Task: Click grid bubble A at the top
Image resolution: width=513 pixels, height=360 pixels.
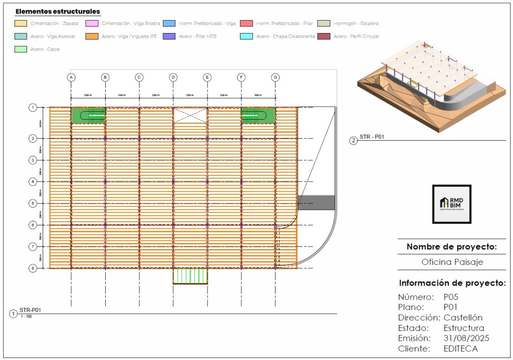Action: tap(71, 77)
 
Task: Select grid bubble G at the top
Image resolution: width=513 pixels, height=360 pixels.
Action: tap(275, 77)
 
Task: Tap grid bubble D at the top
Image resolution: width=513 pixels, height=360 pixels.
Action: tap(173, 77)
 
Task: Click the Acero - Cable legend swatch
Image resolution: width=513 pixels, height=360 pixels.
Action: tap(22, 49)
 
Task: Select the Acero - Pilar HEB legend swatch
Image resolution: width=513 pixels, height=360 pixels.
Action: tap(169, 37)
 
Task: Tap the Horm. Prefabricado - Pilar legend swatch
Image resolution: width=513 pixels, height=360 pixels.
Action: tap(246, 24)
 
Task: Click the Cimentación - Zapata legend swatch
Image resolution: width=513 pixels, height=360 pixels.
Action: tap(22, 24)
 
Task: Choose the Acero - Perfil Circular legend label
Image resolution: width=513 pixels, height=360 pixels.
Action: tap(356, 37)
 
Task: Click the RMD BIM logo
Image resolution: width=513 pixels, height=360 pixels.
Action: tap(451, 204)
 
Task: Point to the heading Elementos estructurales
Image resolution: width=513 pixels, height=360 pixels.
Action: tap(58, 12)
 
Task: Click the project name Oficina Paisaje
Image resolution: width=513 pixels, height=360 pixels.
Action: tap(451, 262)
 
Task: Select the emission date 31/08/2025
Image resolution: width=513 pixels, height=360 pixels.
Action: tap(466, 338)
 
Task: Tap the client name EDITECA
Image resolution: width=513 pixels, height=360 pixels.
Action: tap(460, 348)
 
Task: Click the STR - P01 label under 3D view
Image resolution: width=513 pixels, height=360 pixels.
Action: tap(372, 137)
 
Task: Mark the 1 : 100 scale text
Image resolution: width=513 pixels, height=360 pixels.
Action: tap(25, 316)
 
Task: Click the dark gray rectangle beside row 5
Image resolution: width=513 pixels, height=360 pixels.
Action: tap(316, 203)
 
